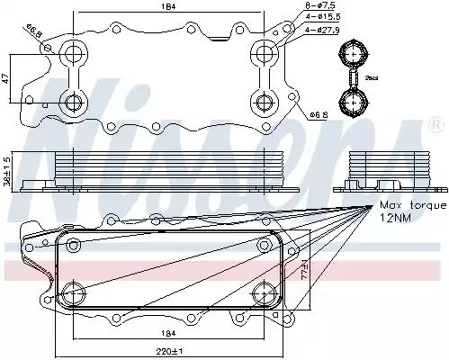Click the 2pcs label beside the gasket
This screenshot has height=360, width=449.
(372, 79)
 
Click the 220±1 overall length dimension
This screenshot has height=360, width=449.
(166, 349)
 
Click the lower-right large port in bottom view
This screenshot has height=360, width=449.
(263, 292)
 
